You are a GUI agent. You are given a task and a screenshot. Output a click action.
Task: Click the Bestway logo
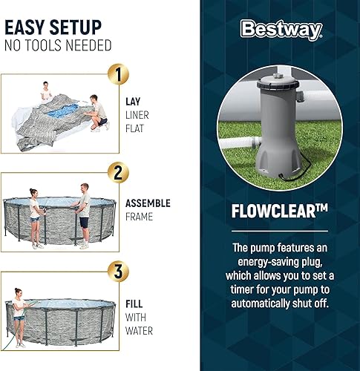click(x=281, y=30)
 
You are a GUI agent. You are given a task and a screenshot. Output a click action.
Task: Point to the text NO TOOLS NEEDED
click(x=58, y=46)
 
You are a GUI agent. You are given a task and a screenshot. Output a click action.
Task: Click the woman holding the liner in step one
click(x=46, y=93)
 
